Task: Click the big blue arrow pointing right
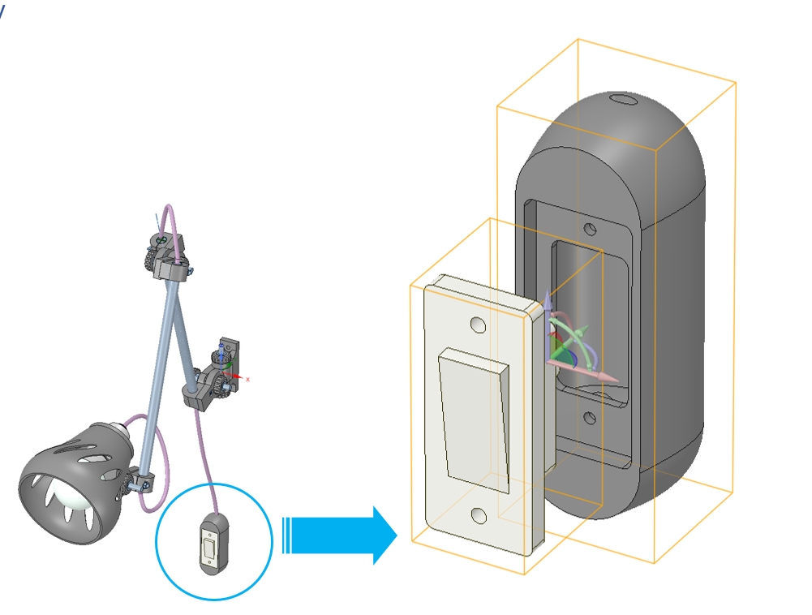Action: point(341,535)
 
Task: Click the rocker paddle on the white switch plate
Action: point(475,419)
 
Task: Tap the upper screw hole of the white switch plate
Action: point(478,326)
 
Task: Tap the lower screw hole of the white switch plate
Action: point(479,515)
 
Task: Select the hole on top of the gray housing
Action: point(623,101)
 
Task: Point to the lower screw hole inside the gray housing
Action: point(590,419)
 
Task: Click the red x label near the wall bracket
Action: point(247,379)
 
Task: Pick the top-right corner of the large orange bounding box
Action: point(736,83)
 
